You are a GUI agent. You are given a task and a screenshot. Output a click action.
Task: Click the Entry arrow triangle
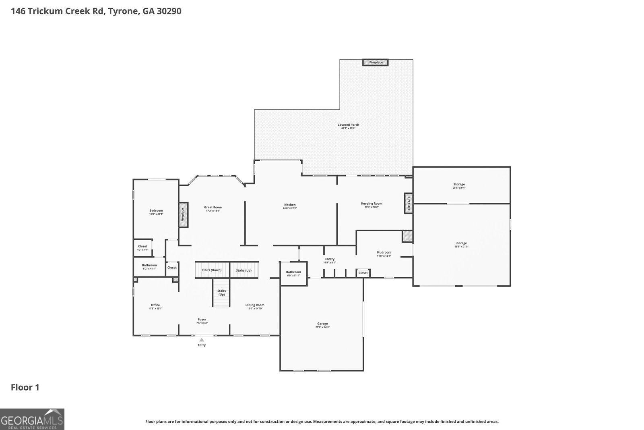(202, 340)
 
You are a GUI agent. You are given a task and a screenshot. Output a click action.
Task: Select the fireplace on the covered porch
(376, 62)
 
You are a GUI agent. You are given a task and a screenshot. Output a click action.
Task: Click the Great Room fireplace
(183, 215)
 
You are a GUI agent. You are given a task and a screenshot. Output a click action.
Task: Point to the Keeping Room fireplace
(409, 203)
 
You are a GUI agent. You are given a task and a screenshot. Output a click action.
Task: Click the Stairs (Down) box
(212, 270)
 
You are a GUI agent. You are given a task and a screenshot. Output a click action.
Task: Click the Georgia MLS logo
(32, 419)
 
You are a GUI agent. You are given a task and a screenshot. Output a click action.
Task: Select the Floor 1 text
(25, 387)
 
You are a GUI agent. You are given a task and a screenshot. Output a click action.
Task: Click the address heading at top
(96, 11)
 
